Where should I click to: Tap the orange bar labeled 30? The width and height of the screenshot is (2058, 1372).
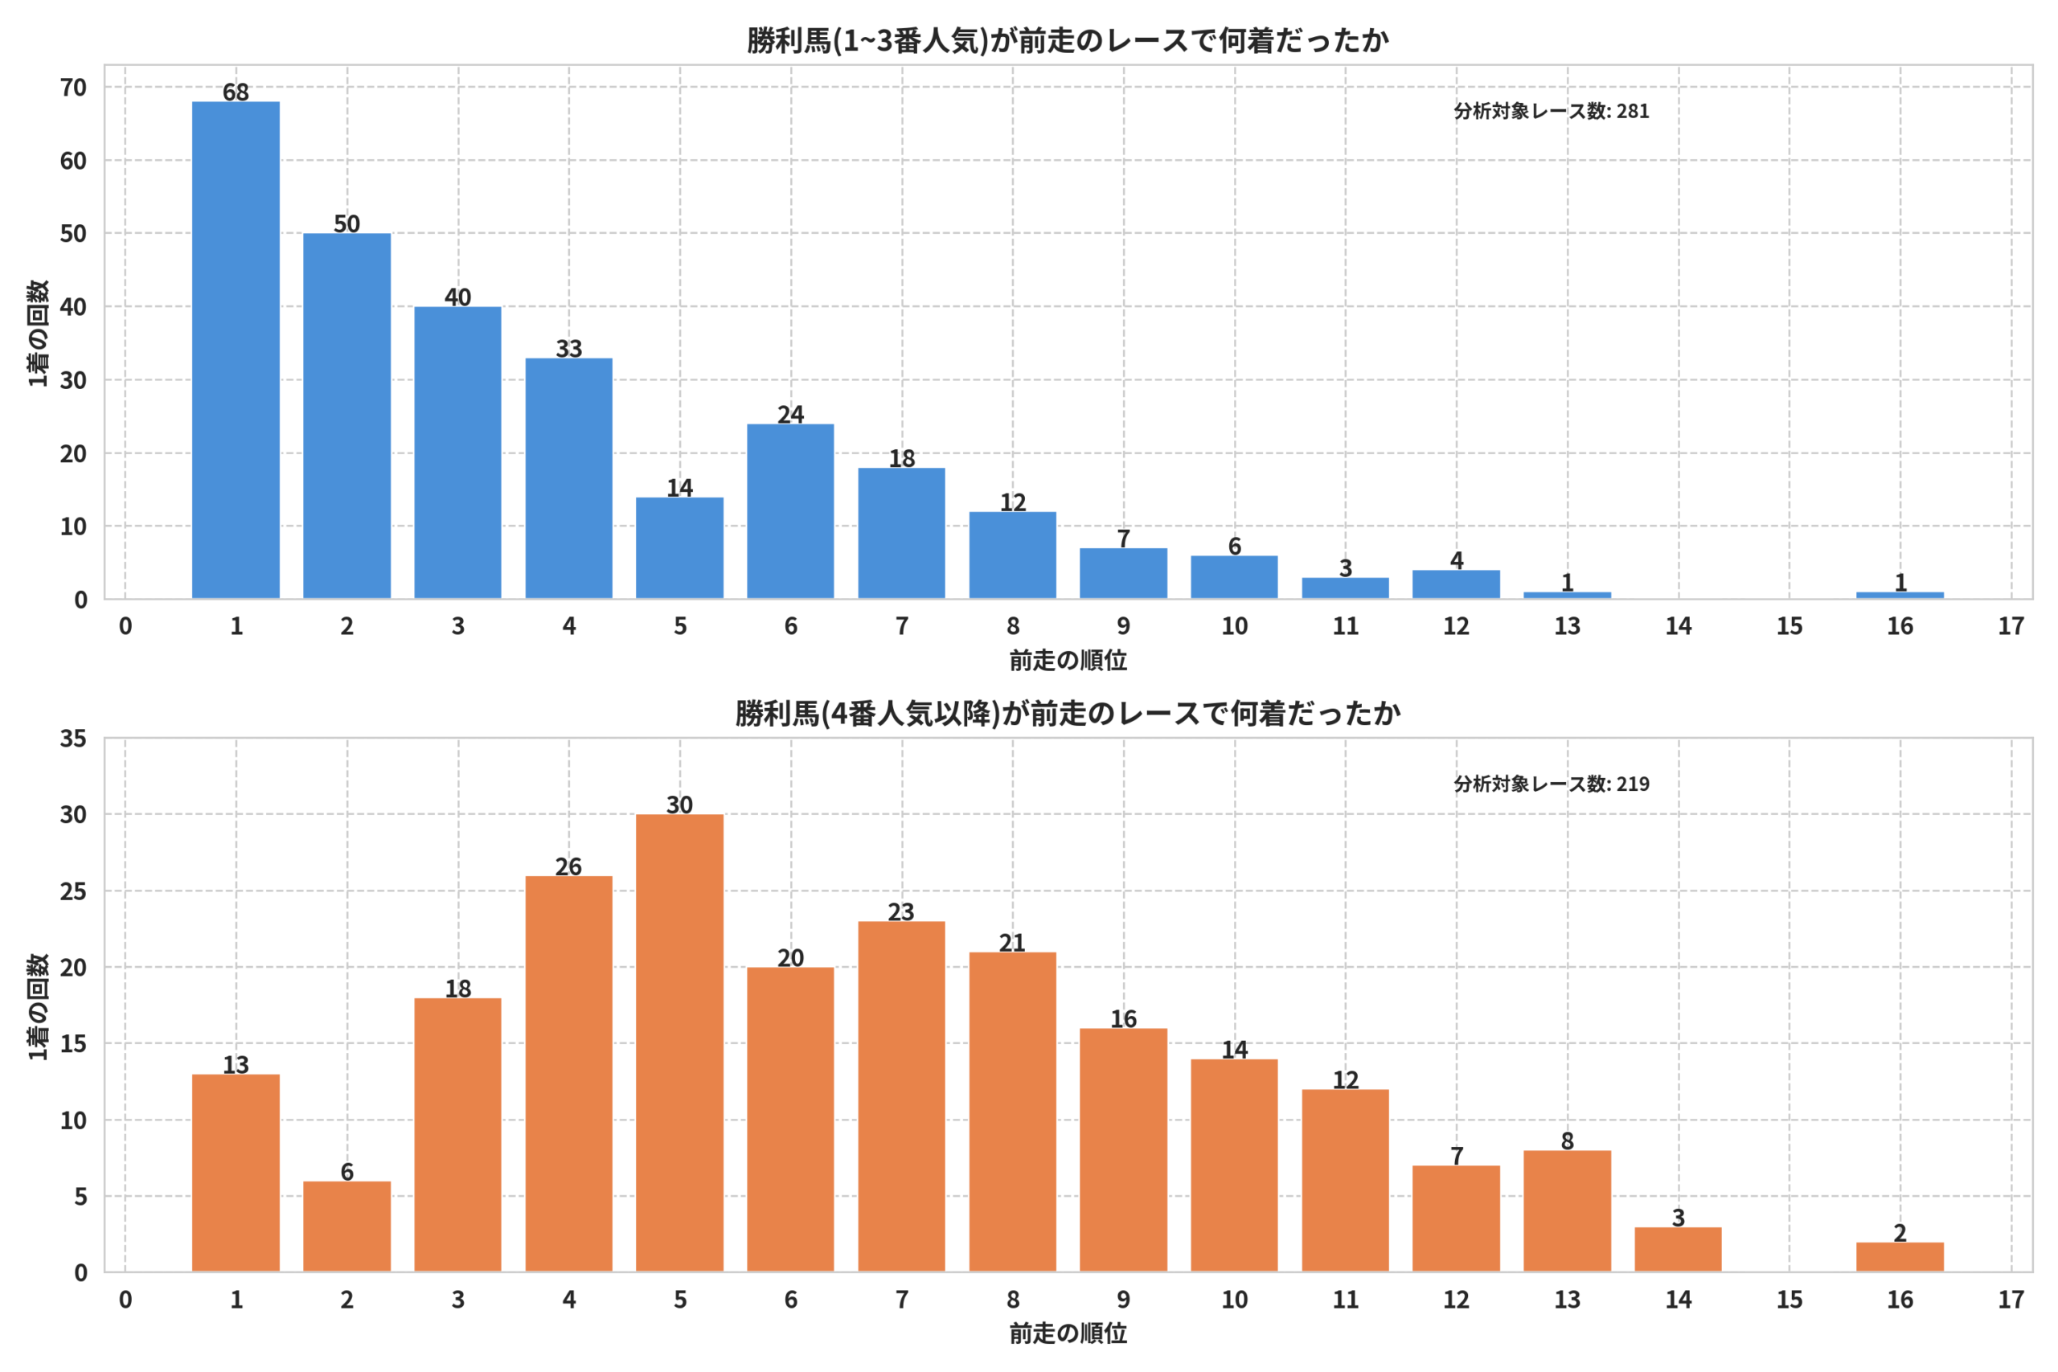point(679,1043)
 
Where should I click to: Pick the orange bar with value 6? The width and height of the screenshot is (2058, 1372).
point(346,1227)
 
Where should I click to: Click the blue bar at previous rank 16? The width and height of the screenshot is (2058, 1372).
point(1900,596)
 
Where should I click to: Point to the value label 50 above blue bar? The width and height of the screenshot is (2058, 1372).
point(346,223)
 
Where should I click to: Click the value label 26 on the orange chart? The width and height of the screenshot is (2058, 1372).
point(568,866)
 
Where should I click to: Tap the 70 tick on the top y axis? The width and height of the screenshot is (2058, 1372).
point(73,88)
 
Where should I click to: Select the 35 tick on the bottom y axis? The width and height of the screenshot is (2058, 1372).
point(73,739)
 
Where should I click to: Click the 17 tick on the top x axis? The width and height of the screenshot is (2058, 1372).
point(2011,625)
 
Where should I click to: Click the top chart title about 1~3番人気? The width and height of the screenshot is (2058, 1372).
point(1068,40)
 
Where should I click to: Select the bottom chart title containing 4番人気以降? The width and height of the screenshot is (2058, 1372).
point(1068,713)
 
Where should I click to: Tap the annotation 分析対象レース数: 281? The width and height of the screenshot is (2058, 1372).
point(1552,111)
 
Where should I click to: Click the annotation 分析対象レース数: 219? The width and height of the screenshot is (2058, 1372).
point(1552,784)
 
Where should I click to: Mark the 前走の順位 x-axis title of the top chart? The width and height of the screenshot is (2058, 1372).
point(1068,661)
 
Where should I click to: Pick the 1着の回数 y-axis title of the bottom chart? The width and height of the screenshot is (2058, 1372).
point(38,1006)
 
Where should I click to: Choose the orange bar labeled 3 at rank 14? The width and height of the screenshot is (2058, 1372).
point(1678,1250)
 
